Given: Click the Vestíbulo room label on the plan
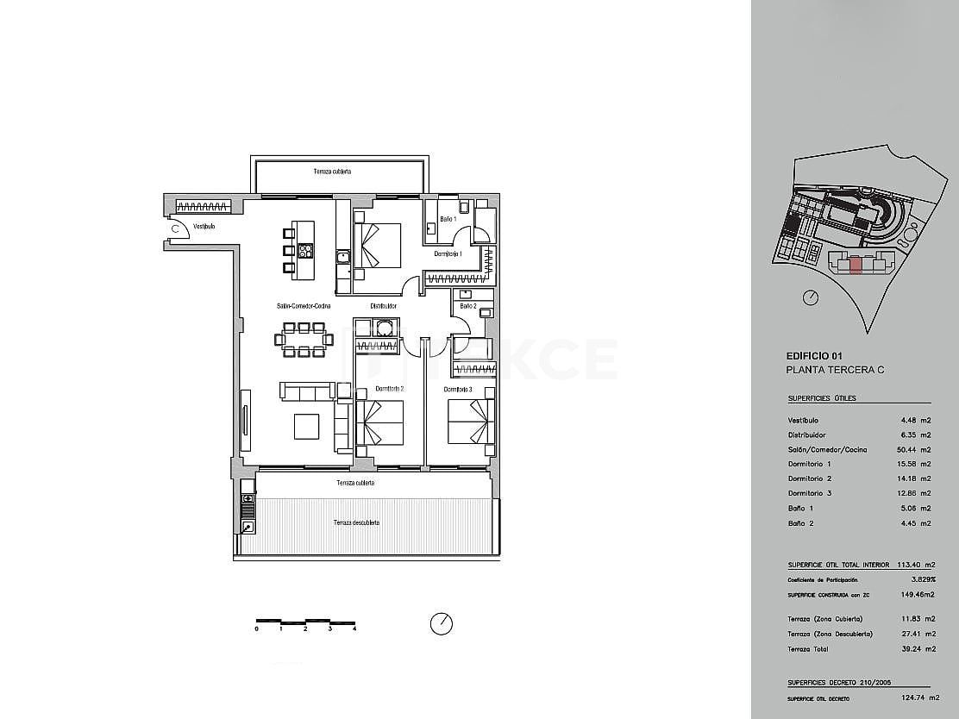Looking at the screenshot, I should click(204, 227).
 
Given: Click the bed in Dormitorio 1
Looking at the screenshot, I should click(378, 246).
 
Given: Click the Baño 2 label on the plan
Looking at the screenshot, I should click(467, 305).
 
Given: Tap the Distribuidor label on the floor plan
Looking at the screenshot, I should click(383, 305).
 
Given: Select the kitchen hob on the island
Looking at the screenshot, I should click(305, 251).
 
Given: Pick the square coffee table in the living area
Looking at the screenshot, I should click(307, 427).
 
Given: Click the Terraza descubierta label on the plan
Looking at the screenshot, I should click(356, 522).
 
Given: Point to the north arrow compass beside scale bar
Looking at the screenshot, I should click(441, 622).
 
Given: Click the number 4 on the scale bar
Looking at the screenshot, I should click(354, 629).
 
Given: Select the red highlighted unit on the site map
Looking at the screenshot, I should click(855, 265).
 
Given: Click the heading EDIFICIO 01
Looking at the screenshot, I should click(814, 355).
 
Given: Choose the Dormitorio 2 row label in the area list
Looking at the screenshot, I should click(810, 478).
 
